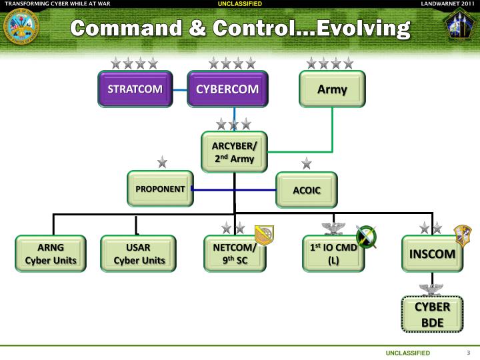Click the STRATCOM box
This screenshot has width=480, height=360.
135,89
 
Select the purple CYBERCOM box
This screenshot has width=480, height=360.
227,89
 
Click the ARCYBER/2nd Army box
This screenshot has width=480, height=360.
234,152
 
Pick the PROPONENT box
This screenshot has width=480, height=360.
160,189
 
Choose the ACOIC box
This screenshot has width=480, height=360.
307,190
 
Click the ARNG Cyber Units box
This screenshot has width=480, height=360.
51,253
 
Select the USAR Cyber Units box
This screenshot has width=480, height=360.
138,253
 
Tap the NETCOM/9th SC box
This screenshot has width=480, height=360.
234,253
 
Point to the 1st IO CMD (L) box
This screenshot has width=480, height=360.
333,253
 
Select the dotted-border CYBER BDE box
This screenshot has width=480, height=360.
432,314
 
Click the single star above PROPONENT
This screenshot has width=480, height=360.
162,162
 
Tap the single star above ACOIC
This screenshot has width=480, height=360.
306,163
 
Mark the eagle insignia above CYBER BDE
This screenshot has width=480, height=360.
431,289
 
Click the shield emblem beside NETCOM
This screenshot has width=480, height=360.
265,235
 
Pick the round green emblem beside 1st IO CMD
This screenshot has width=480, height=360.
366,236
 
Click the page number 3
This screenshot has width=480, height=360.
469,353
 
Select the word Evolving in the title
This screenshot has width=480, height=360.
363,29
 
